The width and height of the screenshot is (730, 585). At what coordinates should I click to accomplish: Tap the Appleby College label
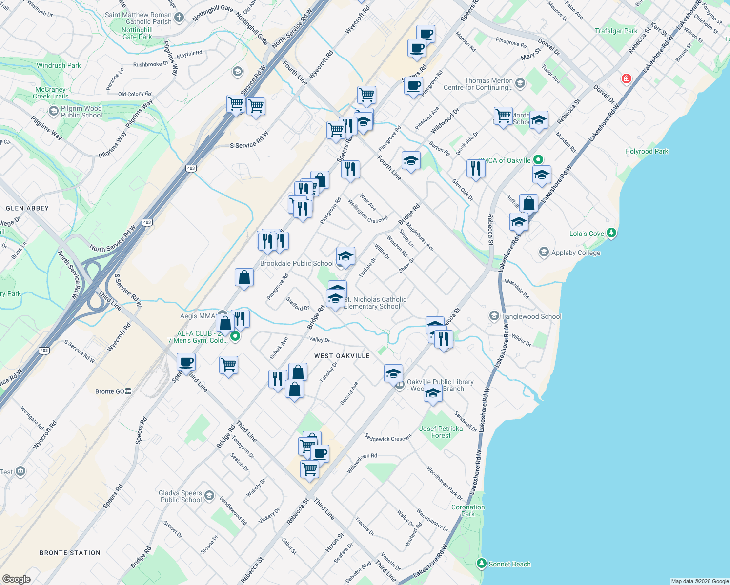tap(575, 253)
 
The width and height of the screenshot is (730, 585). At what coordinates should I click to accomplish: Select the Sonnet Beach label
tap(509, 564)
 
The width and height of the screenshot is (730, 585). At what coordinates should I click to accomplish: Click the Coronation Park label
tap(468, 510)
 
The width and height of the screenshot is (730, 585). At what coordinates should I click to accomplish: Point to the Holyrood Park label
tap(647, 151)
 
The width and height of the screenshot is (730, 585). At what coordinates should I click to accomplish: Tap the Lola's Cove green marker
tap(611, 233)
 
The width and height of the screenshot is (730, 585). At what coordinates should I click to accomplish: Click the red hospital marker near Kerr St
tap(627, 78)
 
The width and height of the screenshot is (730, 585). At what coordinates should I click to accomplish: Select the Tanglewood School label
tap(531, 316)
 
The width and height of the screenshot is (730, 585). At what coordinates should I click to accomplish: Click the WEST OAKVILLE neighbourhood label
tap(342, 356)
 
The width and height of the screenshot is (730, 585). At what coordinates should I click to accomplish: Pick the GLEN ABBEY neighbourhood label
tap(27, 208)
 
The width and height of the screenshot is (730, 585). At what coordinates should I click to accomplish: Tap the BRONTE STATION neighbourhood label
tap(70, 553)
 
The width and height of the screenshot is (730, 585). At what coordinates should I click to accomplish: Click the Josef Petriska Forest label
tap(441, 432)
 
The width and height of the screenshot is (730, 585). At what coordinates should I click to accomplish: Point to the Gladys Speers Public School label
tap(181, 496)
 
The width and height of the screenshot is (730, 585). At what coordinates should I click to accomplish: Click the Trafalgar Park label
tap(616, 31)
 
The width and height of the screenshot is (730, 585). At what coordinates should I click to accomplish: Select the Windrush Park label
tap(59, 65)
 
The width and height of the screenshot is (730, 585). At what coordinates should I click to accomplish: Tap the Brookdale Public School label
tap(297, 263)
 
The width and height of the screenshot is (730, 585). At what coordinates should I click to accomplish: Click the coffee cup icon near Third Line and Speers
tap(186, 362)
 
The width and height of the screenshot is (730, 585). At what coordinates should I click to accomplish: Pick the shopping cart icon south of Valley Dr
tap(228, 365)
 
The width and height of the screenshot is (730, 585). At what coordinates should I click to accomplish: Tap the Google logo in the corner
tap(16, 579)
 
